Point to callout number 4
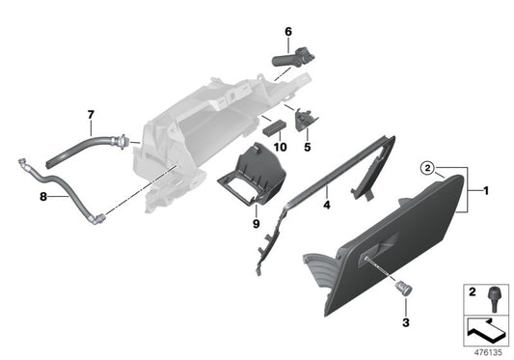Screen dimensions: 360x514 327,205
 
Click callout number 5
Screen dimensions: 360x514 308,148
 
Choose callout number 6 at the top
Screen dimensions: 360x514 287,32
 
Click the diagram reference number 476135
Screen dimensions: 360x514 488,352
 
